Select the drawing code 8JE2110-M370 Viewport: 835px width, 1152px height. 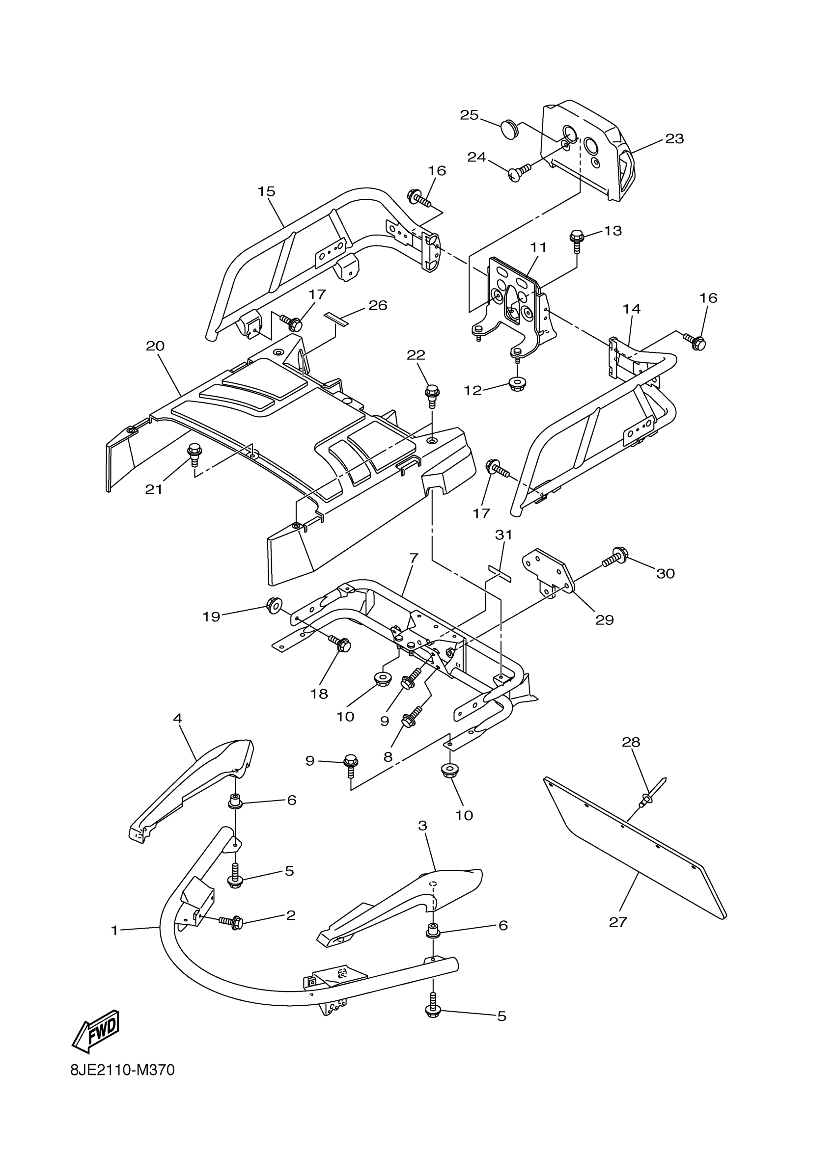coord(122,1083)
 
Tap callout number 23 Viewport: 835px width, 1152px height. coord(674,139)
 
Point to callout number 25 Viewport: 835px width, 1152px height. coord(469,115)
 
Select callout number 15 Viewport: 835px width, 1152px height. coord(266,191)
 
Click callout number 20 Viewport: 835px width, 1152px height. coord(155,346)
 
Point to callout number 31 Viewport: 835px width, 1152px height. coord(503,535)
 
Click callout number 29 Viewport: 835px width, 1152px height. coord(604,619)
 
